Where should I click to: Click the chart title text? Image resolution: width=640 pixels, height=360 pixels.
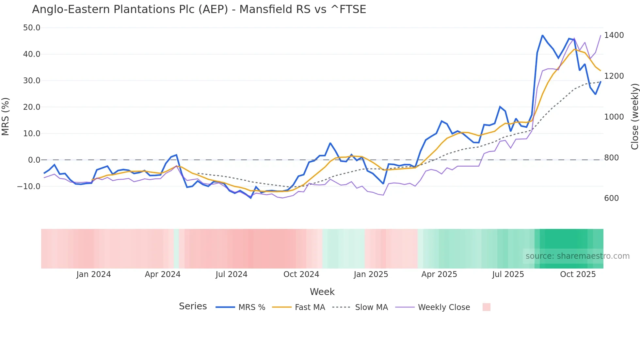[x=199, y=9]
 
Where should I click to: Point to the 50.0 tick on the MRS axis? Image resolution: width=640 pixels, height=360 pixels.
[x=32, y=28]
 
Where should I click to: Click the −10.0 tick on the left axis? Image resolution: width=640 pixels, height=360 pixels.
[x=29, y=187]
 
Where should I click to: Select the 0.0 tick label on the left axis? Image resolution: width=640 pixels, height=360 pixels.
[x=34, y=160]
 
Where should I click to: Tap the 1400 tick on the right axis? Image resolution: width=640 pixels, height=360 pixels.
[x=614, y=35]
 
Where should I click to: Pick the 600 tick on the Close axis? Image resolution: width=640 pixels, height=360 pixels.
[x=611, y=198]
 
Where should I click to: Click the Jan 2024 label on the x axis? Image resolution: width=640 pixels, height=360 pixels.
[x=93, y=274]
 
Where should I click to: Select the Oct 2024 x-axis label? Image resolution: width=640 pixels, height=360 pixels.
[x=301, y=274]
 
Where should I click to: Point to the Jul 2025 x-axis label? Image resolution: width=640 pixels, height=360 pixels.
[x=508, y=274]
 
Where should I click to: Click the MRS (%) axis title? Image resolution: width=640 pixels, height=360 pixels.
[x=6, y=117]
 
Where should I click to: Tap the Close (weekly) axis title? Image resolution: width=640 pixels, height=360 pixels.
[x=634, y=117]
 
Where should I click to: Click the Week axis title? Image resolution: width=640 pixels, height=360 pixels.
[x=322, y=292]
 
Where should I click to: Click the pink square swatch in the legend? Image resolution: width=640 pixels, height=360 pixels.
[x=486, y=307]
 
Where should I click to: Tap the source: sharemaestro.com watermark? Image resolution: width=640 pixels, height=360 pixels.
[x=577, y=256]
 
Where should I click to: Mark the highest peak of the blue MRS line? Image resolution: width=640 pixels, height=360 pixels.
[x=542, y=35]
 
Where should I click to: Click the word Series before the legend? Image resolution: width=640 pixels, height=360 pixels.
[x=193, y=306]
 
